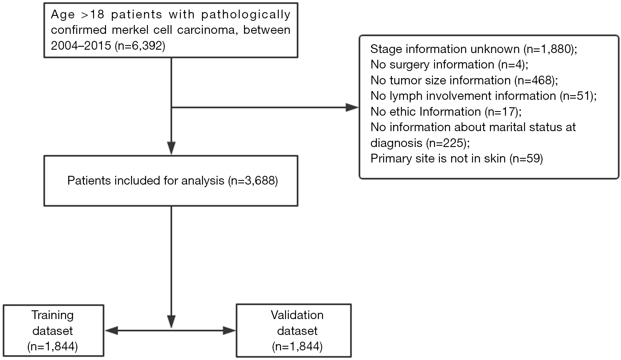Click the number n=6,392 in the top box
click(140, 46)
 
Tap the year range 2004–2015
click(81, 46)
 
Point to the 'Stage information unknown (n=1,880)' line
click(474, 49)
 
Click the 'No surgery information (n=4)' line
click(449, 65)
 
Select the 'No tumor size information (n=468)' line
click(464, 81)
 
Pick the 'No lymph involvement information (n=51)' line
click(484, 96)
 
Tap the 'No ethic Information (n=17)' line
click(446, 112)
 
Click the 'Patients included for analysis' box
click(171, 181)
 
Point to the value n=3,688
click(253, 181)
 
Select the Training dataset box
click(53, 330)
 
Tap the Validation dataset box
click(294, 330)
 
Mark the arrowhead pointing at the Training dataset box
click(112, 331)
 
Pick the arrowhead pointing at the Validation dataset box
click(230, 331)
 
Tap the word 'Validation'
click(297, 315)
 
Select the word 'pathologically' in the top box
click(246, 15)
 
